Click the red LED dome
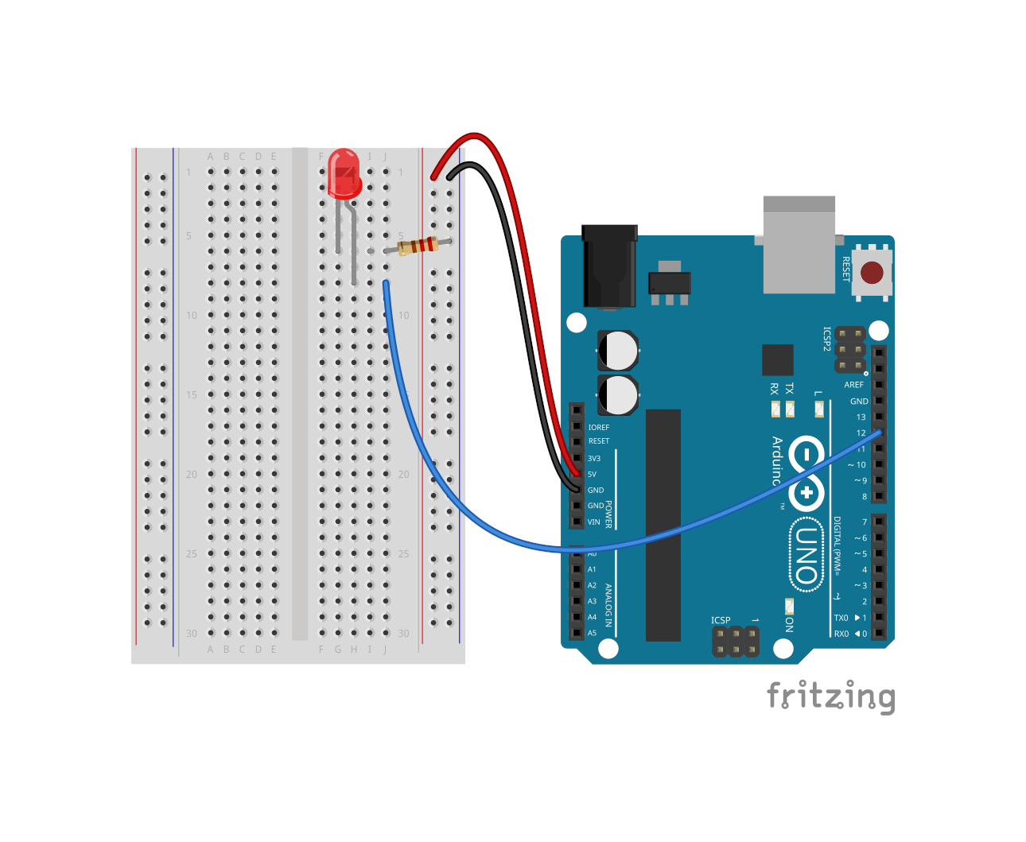click(344, 173)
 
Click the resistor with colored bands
click(418, 246)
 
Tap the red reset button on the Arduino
click(872, 273)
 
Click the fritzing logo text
click(830, 696)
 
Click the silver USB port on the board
click(799, 245)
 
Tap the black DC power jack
click(609, 266)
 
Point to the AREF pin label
click(853, 385)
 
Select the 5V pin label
click(592, 475)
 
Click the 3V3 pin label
click(594, 459)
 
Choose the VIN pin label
click(594, 522)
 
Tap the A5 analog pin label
click(592, 634)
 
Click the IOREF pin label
click(598, 428)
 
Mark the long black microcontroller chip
click(663, 525)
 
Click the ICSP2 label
click(826, 339)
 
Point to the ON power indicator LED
click(789, 607)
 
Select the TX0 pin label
click(841, 618)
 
